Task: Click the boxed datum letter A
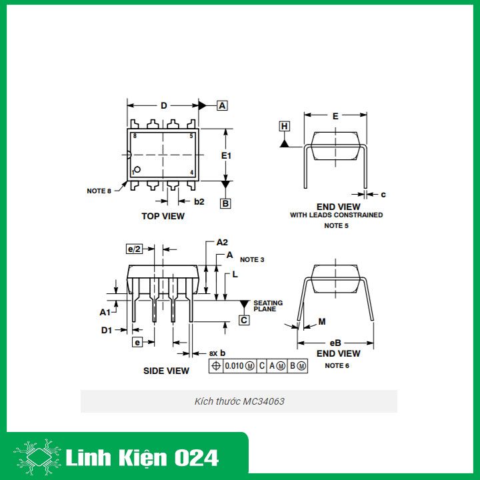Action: [222, 105]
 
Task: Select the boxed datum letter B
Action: [225, 203]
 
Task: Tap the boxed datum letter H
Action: [285, 126]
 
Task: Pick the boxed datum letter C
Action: [244, 320]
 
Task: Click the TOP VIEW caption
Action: [163, 216]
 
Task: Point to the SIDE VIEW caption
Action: [166, 371]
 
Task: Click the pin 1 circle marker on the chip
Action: [137, 169]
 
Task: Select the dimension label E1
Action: [227, 155]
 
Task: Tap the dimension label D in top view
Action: [163, 105]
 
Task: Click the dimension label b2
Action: [199, 201]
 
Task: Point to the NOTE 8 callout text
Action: [99, 191]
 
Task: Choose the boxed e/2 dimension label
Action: [134, 249]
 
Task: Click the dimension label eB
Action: [335, 343]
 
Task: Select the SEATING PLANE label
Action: [267, 306]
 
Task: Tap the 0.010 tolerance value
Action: [234, 366]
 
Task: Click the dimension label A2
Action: [222, 243]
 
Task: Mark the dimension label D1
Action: [106, 329]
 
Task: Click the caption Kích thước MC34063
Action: [239, 401]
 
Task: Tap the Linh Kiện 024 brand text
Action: [142, 458]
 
